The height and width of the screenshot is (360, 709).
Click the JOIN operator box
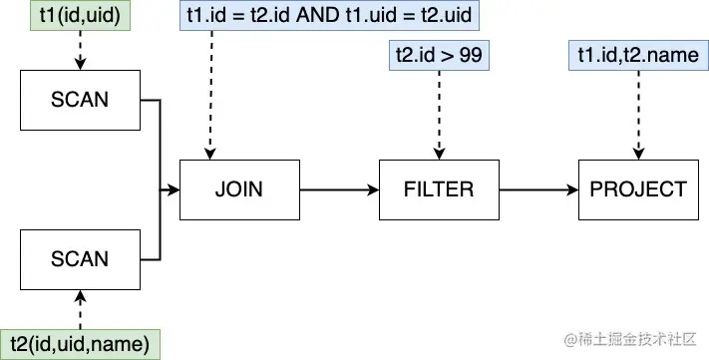(x=238, y=188)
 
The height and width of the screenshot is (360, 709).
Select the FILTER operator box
(x=439, y=188)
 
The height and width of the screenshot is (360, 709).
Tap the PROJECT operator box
(x=638, y=188)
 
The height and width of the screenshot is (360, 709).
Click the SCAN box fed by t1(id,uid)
(x=81, y=101)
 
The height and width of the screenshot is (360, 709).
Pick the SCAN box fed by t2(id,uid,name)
(x=81, y=258)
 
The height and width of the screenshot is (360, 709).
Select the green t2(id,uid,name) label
(x=81, y=344)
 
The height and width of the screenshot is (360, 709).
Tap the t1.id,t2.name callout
(x=638, y=56)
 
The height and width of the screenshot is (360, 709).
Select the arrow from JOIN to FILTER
(x=338, y=188)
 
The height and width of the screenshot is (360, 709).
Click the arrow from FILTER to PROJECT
(x=538, y=188)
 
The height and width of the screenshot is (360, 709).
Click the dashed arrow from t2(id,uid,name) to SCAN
(x=81, y=308)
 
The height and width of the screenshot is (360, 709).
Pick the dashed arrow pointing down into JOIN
(x=209, y=95)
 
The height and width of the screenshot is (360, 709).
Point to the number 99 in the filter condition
(x=470, y=56)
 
